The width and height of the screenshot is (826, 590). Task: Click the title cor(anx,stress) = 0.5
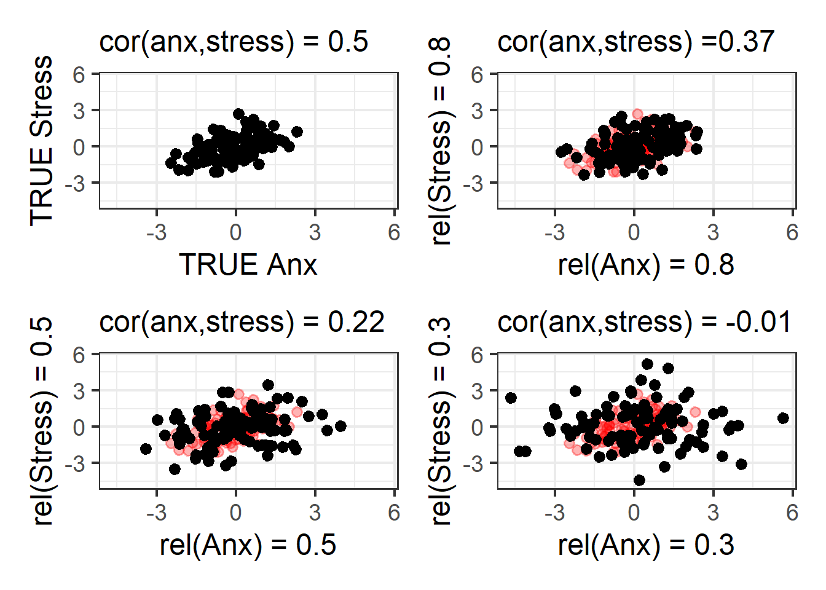[234, 42]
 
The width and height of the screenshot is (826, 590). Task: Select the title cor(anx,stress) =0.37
[635, 42]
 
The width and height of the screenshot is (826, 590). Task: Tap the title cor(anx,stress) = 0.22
[242, 322]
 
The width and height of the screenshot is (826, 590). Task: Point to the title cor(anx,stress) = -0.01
[644, 322]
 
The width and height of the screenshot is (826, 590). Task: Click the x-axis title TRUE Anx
[248, 265]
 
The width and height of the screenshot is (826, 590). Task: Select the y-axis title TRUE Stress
[42, 141]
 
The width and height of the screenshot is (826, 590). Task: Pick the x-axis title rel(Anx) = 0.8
[646, 265]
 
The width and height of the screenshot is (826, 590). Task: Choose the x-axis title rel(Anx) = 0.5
[248, 545]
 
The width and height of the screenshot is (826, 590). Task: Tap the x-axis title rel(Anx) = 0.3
[646, 545]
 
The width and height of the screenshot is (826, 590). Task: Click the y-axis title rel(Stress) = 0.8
[441, 141]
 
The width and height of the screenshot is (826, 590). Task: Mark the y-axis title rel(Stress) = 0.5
[42, 421]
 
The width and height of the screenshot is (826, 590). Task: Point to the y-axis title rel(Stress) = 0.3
[441, 421]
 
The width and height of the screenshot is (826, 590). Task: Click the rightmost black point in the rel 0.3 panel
[783, 418]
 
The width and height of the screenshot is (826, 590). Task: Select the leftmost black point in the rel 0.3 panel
[511, 398]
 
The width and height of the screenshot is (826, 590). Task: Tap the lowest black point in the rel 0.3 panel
[639, 480]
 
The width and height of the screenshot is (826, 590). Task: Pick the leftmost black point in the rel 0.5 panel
[146, 449]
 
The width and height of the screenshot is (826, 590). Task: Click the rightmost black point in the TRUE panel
[297, 132]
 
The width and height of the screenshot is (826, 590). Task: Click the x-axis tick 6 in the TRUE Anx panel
[394, 232]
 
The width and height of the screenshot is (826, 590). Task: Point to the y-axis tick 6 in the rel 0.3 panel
[477, 355]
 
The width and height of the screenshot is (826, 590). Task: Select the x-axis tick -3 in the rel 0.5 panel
[156, 513]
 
